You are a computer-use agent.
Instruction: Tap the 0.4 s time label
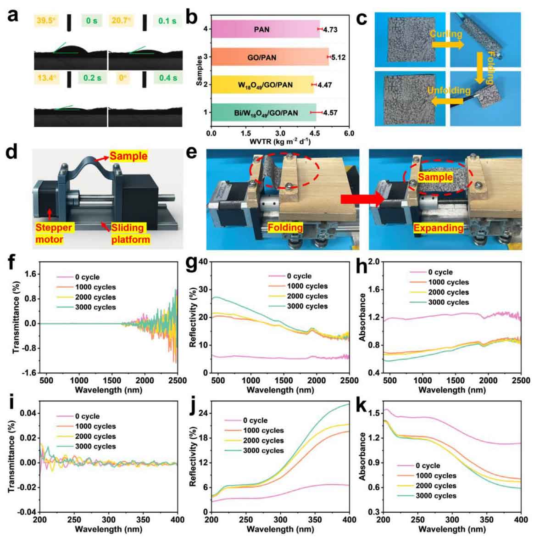point(168,78)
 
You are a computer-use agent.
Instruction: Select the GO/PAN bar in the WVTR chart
point(270,57)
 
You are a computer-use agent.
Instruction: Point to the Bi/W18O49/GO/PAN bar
point(263,112)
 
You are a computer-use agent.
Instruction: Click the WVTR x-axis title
point(280,141)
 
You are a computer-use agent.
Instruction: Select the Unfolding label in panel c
point(449,90)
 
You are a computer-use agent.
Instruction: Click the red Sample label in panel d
point(128,156)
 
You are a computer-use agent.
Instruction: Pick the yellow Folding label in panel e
point(285,228)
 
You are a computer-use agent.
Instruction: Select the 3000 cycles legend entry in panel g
point(307,306)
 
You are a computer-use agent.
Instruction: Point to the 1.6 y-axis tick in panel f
point(30,274)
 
